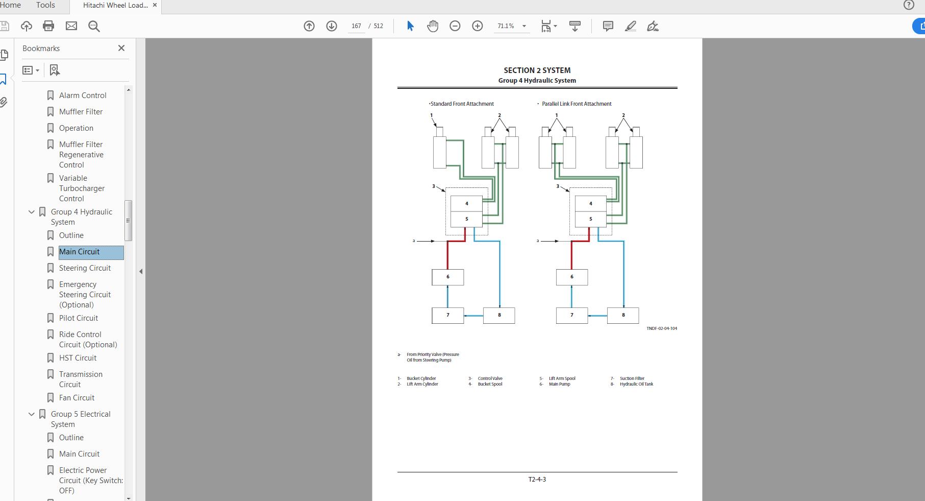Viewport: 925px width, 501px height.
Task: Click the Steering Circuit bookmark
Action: point(85,268)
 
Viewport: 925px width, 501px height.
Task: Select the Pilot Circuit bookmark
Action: point(79,318)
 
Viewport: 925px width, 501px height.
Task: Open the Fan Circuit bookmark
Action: point(77,398)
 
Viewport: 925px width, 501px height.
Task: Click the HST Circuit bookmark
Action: point(78,358)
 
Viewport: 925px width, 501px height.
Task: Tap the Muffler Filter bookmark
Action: point(81,112)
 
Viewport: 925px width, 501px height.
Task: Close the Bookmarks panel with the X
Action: point(121,48)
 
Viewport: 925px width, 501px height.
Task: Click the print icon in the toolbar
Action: point(48,26)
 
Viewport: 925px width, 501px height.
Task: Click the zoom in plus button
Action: point(478,26)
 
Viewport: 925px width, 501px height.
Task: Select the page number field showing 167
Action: point(356,26)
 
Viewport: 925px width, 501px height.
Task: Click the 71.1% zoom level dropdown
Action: point(511,26)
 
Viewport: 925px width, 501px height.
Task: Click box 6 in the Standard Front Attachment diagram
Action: point(448,277)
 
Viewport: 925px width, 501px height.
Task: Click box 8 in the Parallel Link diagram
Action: point(623,315)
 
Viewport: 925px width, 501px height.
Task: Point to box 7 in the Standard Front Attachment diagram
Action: point(448,315)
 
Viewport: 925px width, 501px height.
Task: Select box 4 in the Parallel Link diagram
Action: point(591,203)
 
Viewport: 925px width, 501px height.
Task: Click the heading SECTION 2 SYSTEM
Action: point(537,70)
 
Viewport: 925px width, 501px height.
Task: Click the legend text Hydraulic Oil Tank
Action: point(636,384)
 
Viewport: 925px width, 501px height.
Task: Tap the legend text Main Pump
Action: point(559,384)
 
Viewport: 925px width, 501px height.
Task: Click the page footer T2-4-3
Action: point(537,480)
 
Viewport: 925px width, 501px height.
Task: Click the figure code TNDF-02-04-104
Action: point(662,328)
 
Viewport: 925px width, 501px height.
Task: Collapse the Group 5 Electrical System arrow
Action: point(32,414)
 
